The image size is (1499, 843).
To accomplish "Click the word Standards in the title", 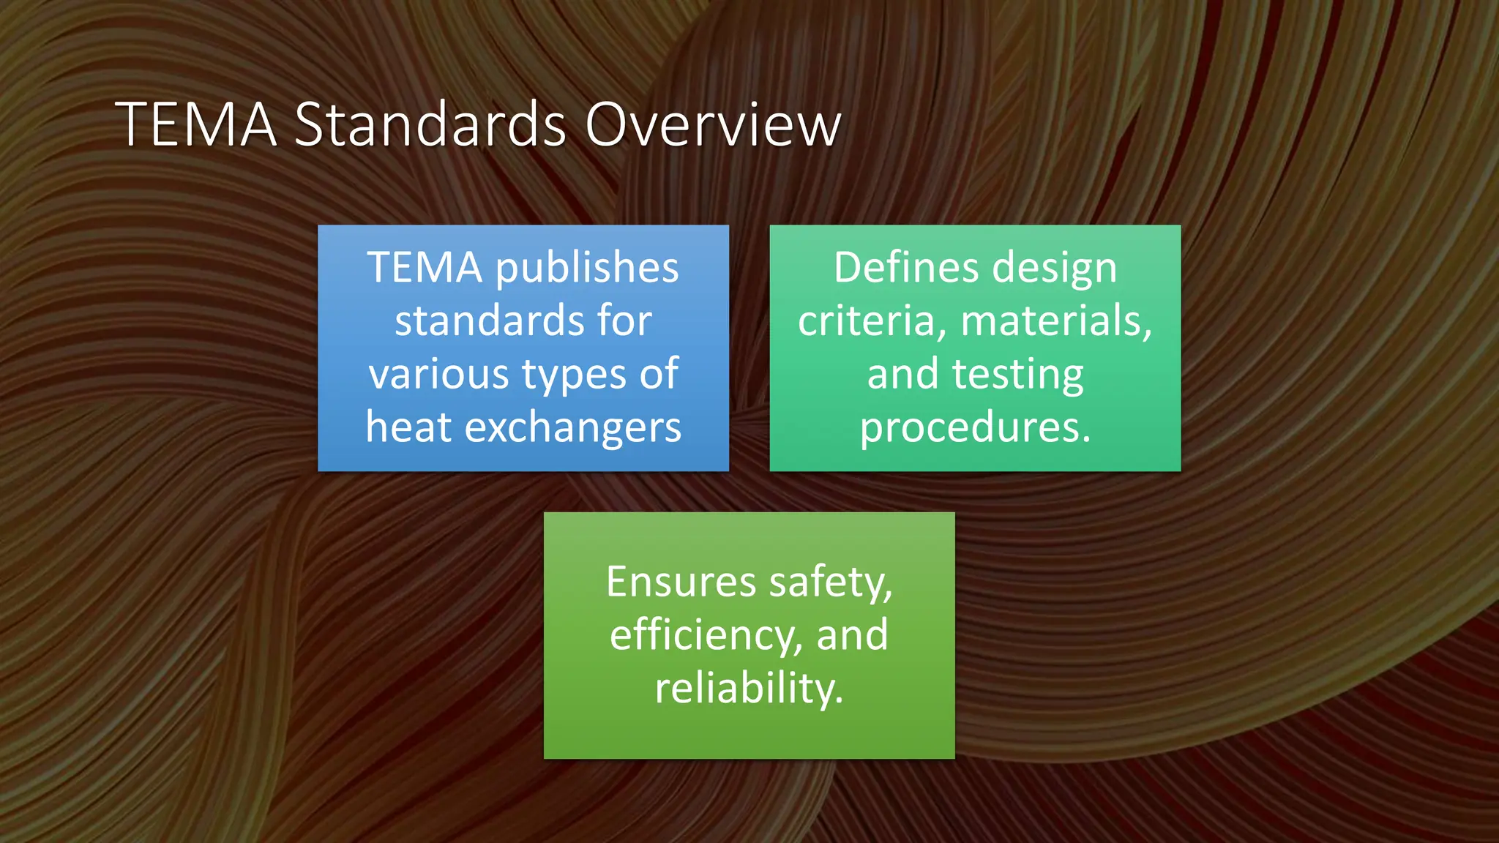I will (x=430, y=124).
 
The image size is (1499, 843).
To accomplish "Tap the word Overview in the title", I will (x=713, y=124).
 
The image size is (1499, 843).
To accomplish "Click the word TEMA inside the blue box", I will (x=424, y=267).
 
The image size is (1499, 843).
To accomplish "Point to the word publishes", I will (x=587, y=267).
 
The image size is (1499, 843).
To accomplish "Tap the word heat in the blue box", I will (x=409, y=427).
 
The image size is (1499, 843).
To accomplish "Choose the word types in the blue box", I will (x=574, y=374).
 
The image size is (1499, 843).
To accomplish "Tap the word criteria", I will (x=866, y=321).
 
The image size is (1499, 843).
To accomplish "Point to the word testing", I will (x=1017, y=374).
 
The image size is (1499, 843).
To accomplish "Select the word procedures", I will (x=975, y=427).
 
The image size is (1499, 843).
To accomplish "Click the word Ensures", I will (x=681, y=582).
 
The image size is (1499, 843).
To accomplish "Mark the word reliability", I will (x=749, y=688).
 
